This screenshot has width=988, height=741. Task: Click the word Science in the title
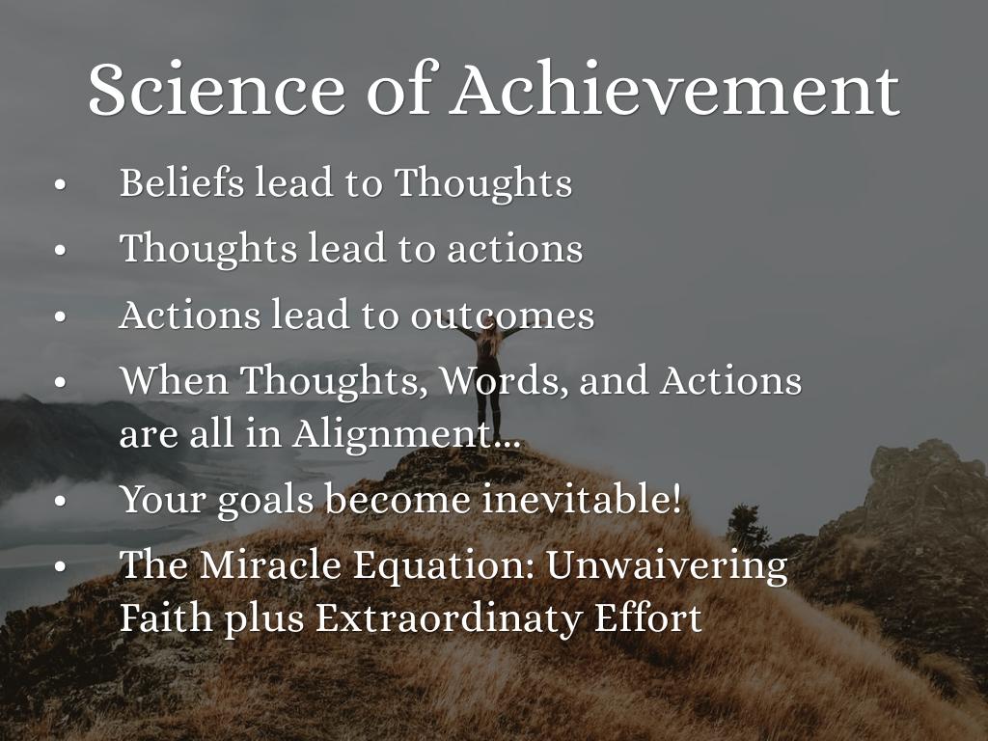coord(216,88)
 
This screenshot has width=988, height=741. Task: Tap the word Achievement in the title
coord(674,88)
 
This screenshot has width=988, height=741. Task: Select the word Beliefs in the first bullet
coord(181,182)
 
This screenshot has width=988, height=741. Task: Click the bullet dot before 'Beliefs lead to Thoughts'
coord(60,185)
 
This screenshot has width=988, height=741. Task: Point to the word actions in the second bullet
coord(515,248)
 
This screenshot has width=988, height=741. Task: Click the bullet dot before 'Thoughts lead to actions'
coord(60,251)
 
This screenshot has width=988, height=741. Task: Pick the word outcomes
coord(502,316)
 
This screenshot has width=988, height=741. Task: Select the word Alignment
coord(406,434)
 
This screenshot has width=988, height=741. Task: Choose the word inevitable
coord(581,499)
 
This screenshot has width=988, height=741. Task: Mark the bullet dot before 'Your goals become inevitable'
coord(60,502)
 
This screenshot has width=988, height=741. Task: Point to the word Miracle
coord(270,563)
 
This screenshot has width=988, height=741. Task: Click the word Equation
coord(444,565)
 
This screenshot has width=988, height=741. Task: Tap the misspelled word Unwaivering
coord(667,565)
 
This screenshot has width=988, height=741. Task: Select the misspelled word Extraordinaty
coord(448,618)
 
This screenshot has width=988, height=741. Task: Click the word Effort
coord(647,617)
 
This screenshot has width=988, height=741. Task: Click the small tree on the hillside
coord(748,527)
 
